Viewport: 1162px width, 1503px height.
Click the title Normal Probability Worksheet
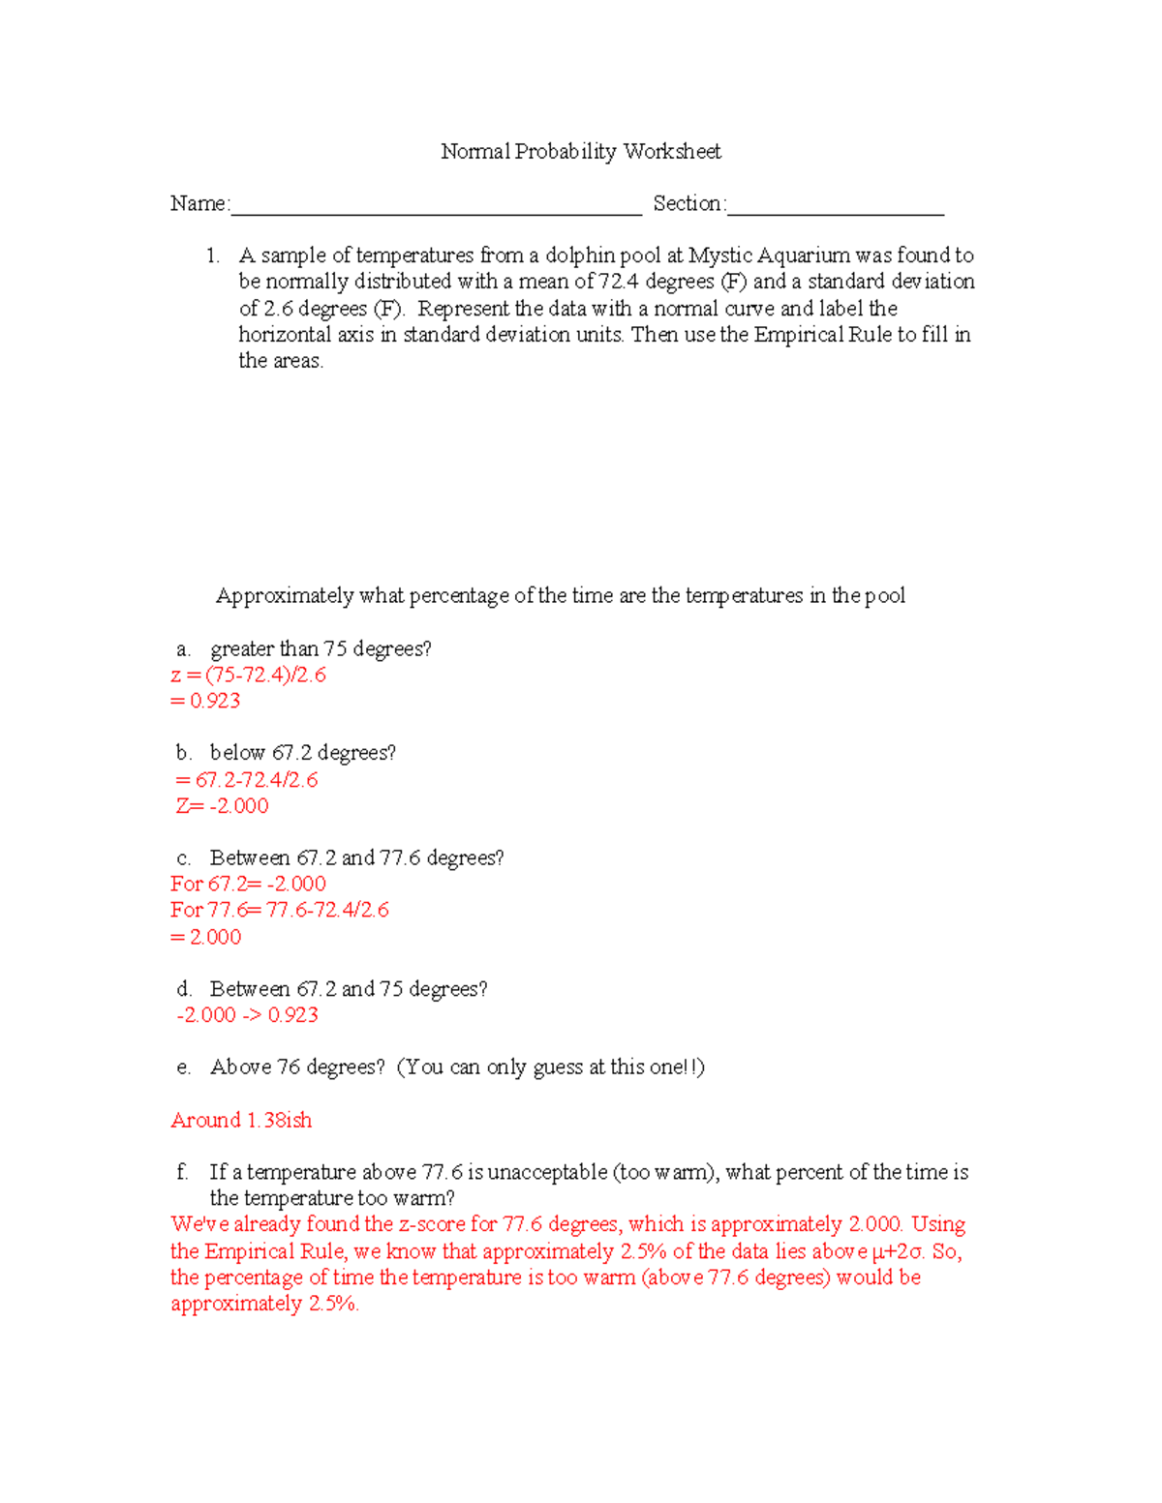[580, 151]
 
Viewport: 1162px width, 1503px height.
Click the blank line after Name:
[436, 205]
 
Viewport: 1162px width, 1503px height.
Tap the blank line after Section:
[836, 205]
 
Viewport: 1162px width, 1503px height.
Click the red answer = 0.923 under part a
[205, 701]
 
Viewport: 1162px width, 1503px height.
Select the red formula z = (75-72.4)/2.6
[248, 675]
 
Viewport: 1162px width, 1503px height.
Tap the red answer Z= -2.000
[222, 805]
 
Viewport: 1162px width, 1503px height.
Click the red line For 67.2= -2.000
[248, 884]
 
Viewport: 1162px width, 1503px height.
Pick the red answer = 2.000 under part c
[205, 937]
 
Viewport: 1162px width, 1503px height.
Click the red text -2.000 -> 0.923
[247, 1014]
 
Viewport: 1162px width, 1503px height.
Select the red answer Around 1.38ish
[241, 1120]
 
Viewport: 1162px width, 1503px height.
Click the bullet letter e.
[183, 1067]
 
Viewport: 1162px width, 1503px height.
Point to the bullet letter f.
[182, 1172]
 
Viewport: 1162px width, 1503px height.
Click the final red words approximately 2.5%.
[264, 1304]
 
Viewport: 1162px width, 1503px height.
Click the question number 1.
[212, 256]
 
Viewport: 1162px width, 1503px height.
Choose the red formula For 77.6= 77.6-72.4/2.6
[280, 910]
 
